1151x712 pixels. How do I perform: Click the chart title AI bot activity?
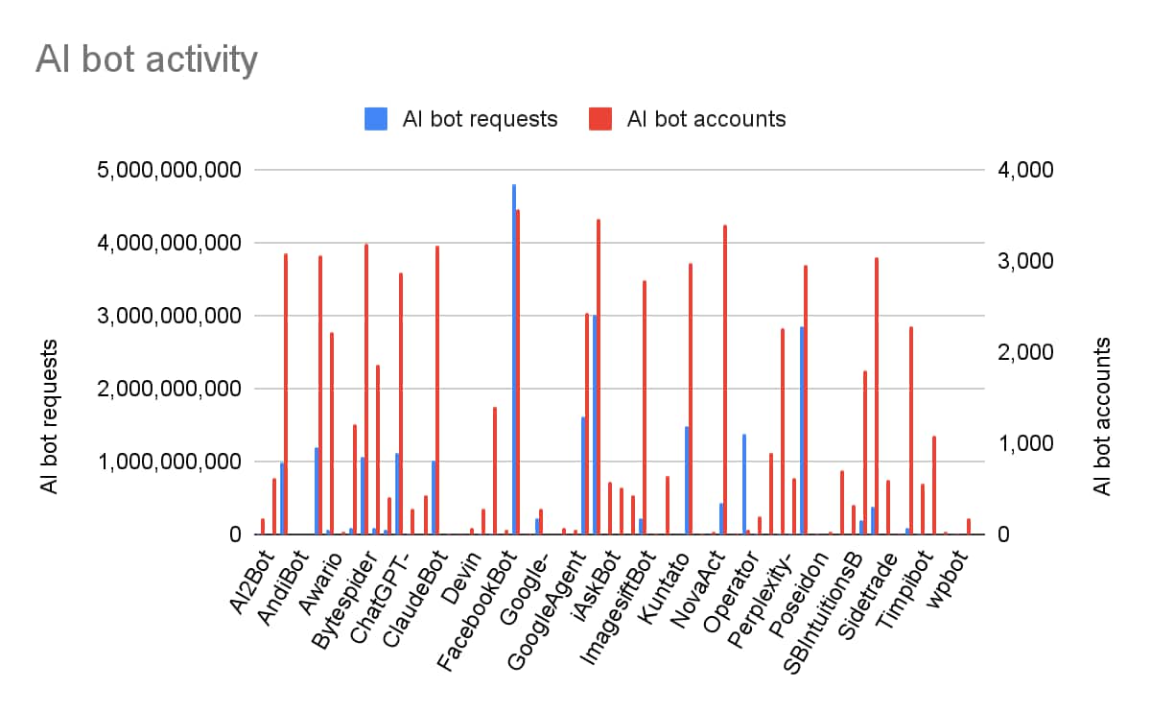coord(147,59)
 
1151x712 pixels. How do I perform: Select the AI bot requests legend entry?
coord(480,119)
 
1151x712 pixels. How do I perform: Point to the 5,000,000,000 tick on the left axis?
coord(169,170)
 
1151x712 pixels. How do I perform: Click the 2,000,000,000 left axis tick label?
coord(169,389)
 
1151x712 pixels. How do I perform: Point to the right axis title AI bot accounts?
coord(1103,416)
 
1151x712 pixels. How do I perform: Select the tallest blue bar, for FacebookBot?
coord(514,359)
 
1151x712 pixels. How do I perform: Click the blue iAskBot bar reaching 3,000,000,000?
coord(595,424)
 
